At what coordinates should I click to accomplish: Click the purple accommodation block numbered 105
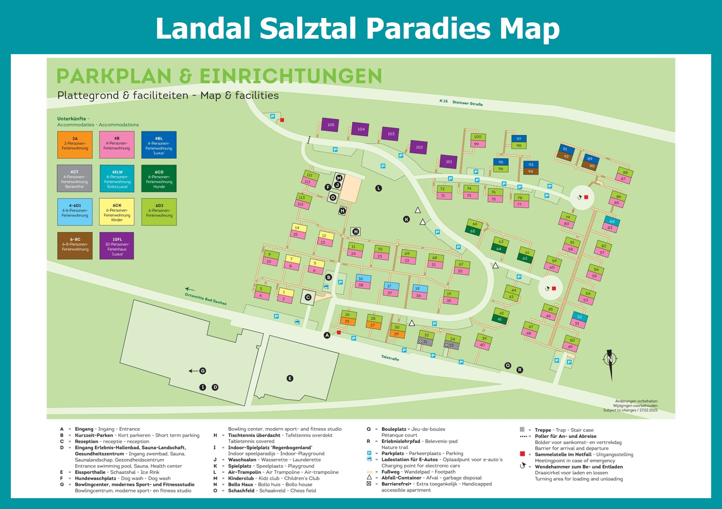point(330,125)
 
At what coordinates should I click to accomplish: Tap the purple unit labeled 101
point(449,162)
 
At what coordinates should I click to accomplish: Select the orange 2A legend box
point(75,145)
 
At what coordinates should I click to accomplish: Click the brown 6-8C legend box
point(75,246)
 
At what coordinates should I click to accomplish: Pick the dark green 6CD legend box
point(159,178)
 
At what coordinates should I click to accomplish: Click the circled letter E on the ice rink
point(290,378)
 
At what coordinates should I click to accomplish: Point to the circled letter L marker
point(378,188)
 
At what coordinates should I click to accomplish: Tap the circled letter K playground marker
point(406,219)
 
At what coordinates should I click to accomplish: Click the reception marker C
point(308,297)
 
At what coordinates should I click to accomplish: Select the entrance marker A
point(327,335)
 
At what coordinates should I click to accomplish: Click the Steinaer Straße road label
point(467,103)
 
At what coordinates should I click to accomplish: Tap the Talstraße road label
point(390,358)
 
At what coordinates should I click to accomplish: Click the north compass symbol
point(610,360)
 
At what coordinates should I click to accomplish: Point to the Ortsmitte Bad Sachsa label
point(205,299)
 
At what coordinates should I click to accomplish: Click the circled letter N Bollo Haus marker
point(356,231)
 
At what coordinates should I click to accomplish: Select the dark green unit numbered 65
point(473,231)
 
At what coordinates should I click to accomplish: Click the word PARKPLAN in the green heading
point(114,76)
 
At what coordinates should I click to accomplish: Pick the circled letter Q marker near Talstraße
point(508,365)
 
